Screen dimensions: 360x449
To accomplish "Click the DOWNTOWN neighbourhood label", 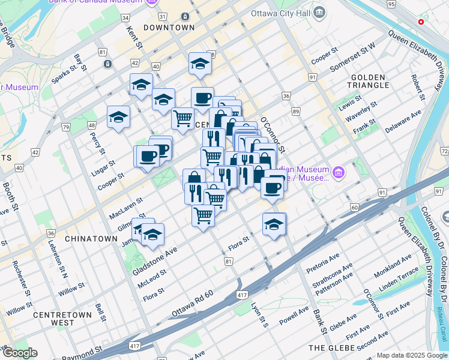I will [169, 28].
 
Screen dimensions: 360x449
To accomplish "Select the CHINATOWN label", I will [91, 239].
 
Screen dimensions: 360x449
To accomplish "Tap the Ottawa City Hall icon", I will [319, 12].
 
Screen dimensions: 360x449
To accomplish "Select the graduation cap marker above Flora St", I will [274, 224].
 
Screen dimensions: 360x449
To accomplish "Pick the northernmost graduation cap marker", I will [200, 64].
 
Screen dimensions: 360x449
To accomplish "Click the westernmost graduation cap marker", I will [118, 116].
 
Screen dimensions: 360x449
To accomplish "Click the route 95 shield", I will [391, 5].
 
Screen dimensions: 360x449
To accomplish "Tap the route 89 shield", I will [296, 112].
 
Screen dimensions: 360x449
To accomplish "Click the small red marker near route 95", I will [421, 22].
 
